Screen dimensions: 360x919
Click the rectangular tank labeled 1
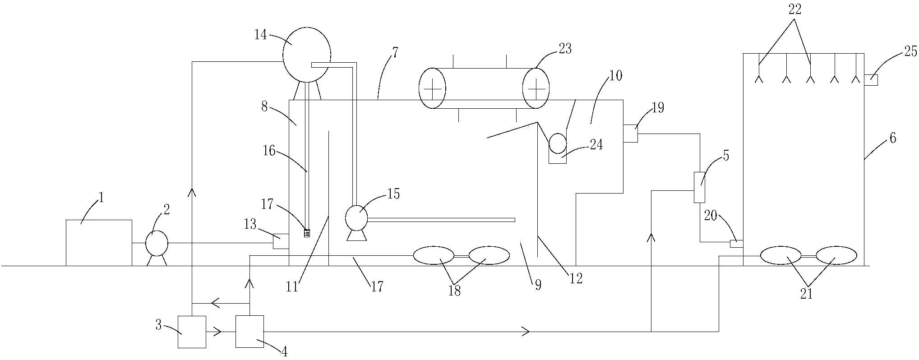[x=99, y=242]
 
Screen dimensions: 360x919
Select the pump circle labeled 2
[x=157, y=244]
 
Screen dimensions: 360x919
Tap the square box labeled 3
[x=192, y=332]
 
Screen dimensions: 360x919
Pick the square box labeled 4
[x=249, y=332]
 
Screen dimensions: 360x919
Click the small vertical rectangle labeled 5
[x=700, y=187]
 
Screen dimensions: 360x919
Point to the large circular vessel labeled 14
[x=306, y=54]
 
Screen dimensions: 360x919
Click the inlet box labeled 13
[x=281, y=241]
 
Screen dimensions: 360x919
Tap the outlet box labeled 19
[x=630, y=133]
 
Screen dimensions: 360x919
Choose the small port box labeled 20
[x=736, y=244]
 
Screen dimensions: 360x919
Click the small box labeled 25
[x=871, y=80]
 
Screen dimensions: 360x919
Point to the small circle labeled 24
[x=558, y=144]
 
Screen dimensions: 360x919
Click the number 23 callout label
[x=565, y=49]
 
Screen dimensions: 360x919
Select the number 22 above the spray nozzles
[x=794, y=10]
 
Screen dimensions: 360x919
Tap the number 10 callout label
[x=615, y=75]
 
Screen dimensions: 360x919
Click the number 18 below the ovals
[x=454, y=291]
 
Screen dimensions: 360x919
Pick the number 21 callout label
[x=806, y=294]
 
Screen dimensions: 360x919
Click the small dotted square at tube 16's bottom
[x=307, y=233]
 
